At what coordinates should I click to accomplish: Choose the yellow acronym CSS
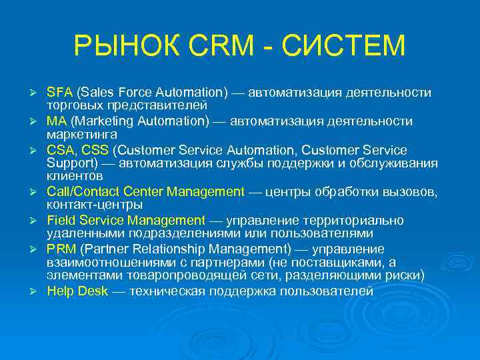[x=95, y=150]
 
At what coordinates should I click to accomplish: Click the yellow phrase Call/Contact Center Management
[x=145, y=192]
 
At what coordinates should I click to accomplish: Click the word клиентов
[x=75, y=177]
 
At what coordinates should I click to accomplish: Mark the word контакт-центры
[x=95, y=205]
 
